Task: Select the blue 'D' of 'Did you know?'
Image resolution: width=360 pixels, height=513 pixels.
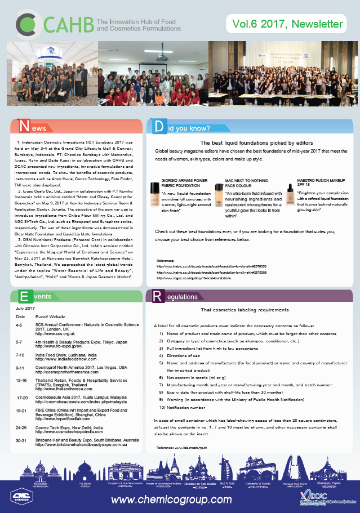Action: [x=159, y=127]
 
